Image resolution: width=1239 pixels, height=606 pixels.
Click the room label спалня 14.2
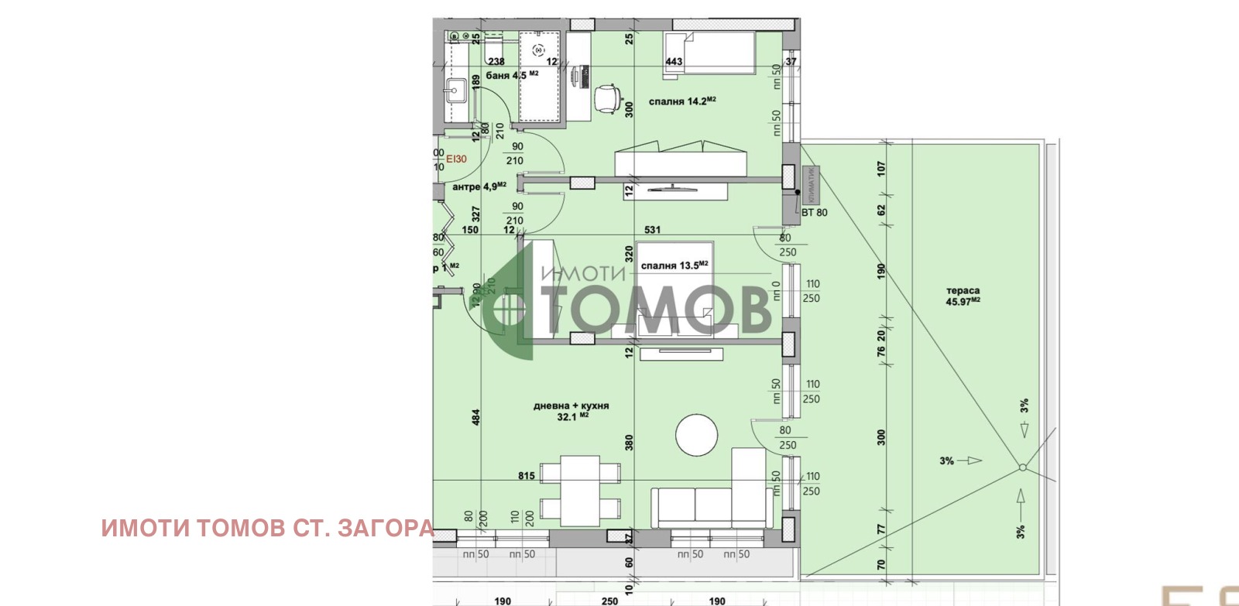[681, 101]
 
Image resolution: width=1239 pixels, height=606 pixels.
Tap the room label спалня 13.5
[674, 265]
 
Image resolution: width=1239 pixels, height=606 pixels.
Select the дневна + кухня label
[571, 411]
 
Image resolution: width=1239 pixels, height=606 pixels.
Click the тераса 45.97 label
[963, 296]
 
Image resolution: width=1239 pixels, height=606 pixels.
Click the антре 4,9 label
[479, 187]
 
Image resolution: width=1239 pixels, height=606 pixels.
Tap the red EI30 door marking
[457, 159]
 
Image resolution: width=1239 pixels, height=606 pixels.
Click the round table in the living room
[697, 436]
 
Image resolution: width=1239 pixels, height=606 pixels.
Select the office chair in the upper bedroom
[607, 98]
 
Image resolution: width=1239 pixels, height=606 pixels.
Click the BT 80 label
[814, 213]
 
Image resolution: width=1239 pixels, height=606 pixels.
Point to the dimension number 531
[652, 230]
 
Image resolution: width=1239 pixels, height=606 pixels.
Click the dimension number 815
[527, 476]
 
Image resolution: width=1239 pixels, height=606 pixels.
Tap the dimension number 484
[475, 417]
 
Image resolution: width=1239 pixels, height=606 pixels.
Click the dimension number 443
[674, 62]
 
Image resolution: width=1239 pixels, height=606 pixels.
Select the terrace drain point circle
[1022, 467]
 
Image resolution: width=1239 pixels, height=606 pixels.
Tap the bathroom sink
[454, 90]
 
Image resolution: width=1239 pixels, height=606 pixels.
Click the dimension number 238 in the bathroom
[496, 62]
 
